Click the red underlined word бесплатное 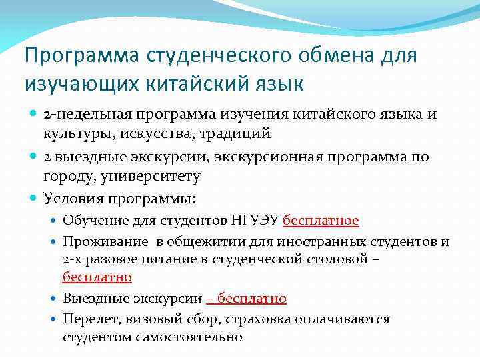tap(321, 220)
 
